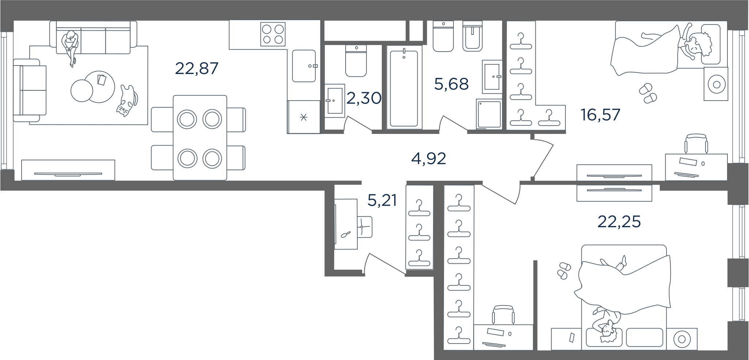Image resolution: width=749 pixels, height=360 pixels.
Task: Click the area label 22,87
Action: (x=197, y=68)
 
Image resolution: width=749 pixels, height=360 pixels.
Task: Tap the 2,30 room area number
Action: (x=364, y=98)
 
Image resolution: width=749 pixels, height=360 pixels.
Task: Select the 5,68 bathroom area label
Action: (x=451, y=84)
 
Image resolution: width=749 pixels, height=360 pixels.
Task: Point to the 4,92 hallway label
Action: (x=429, y=159)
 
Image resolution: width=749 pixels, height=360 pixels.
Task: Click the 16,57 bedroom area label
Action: (x=601, y=115)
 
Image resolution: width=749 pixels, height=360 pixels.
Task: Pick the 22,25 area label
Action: (x=619, y=222)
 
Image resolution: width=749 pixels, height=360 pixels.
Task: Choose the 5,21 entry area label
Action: (x=382, y=200)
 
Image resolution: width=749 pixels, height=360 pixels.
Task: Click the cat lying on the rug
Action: (x=127, y=101)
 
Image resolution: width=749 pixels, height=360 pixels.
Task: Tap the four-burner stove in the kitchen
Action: (x=273, y=34)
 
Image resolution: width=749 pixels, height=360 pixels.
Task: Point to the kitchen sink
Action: (x=304, y=66)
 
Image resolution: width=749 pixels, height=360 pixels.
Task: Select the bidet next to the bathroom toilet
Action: (x=473, y=35)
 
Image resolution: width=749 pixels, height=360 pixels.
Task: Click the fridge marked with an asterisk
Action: (x=304, y=117)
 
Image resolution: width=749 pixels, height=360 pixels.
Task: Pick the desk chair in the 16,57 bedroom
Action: (x=696, y=143)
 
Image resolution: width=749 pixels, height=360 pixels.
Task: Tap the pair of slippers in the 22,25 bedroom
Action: (x=563, y=270)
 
